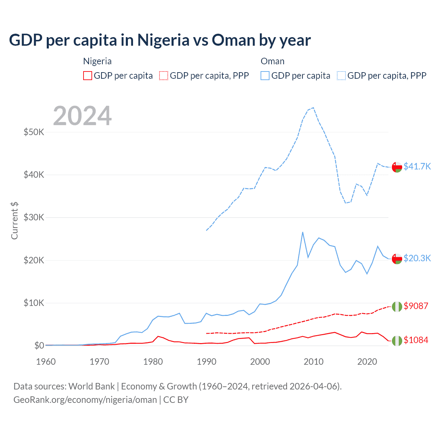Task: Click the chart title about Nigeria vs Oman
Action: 160,40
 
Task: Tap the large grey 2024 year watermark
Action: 82,116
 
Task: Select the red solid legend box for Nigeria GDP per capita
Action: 88,76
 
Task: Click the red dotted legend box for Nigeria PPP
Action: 164,76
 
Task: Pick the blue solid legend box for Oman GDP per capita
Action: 265,76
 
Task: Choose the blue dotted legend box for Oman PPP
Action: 341,76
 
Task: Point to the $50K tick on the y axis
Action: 34,132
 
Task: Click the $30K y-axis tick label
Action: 34,217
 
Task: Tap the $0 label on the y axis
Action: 39,345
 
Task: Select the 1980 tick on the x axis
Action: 153,362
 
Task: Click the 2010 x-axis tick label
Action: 313,362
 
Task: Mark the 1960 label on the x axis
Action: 46,362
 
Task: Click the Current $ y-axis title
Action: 14,221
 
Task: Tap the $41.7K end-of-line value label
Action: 417,166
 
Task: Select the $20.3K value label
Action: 417,258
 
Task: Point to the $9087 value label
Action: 416,306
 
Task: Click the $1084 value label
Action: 416,340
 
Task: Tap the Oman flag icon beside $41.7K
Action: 397,167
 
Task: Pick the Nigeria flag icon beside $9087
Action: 397,306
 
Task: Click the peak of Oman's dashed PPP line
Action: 313,108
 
